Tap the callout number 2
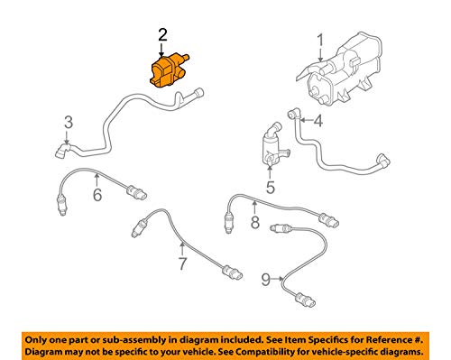click(x=162, y=35)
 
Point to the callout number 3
click(x=67, y=122)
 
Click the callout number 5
click(x=269, y=189)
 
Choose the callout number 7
click(x=181, y=264)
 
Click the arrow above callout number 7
click(x=181, y=247)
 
